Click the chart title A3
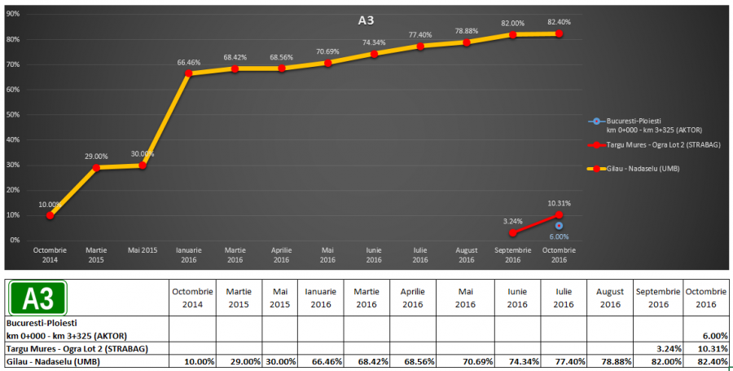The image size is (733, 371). pos(366,20)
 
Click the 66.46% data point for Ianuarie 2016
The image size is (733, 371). pos(188,73)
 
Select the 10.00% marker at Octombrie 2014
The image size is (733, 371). pos(50,215)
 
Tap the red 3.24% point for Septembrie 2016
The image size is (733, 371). pos(512,232)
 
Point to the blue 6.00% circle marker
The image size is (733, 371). pos(559,225)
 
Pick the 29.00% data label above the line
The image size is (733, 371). pos(96,156)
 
